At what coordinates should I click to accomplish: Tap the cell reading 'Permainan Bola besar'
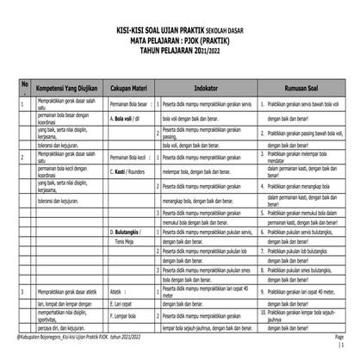pos(128,103)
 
